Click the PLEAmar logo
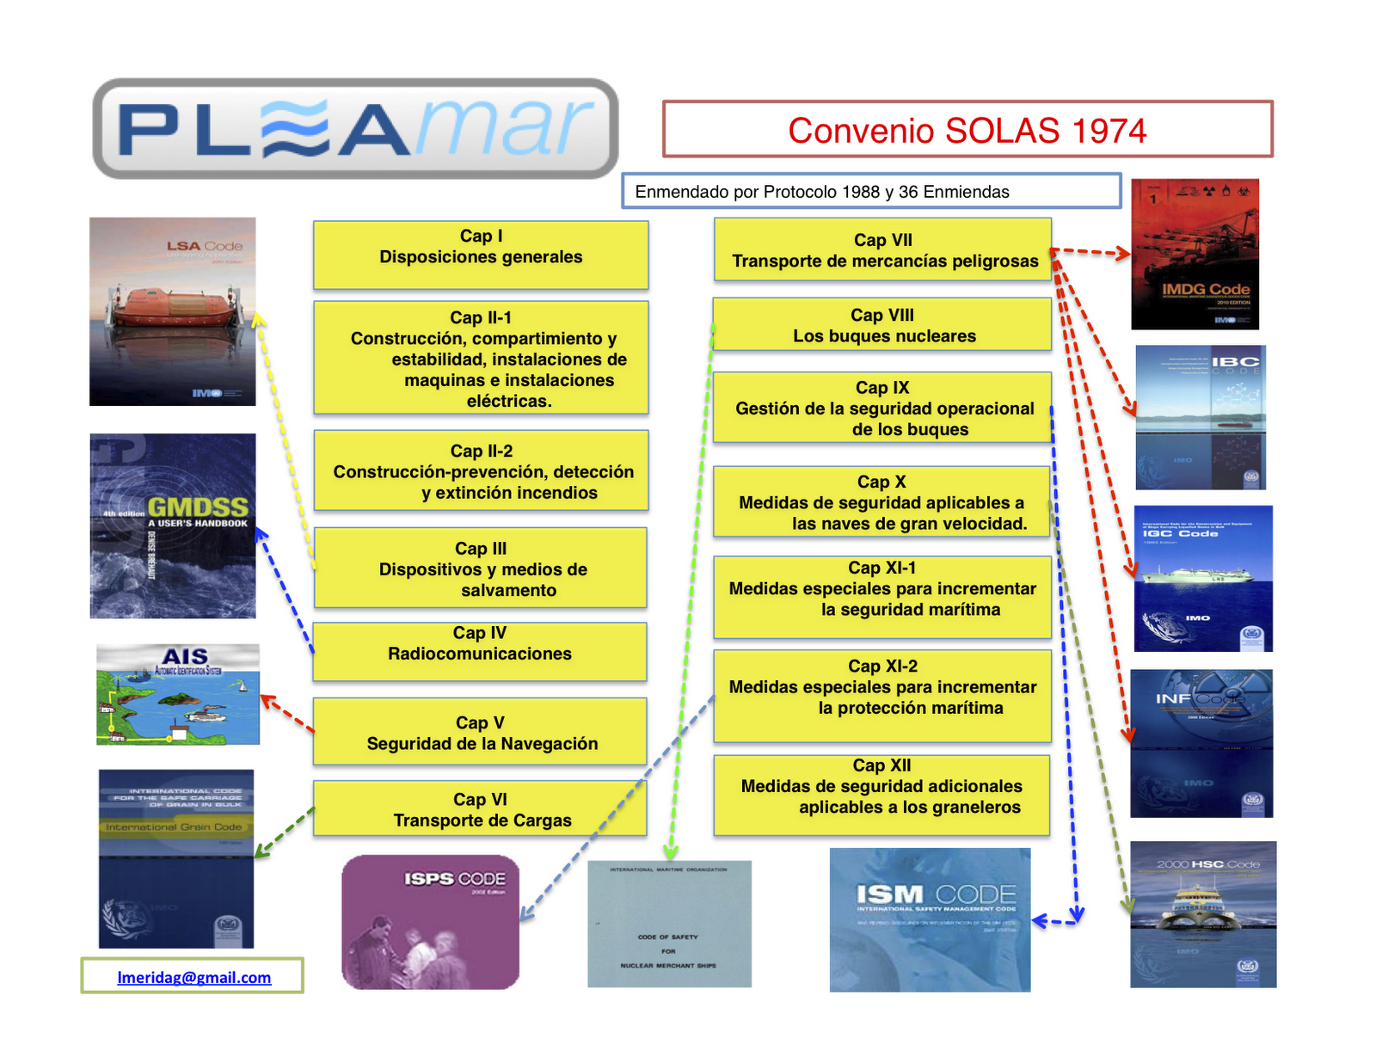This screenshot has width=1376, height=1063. (x=355, y=129)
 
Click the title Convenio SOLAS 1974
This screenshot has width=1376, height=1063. (x=967, y=130)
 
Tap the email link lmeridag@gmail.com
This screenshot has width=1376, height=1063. (x=193, y=977)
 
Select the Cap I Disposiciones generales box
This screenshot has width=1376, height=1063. (x=481, y=255)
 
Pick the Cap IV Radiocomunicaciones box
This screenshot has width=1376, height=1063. (x=480, y=652)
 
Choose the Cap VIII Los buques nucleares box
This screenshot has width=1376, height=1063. (x=882, y=325)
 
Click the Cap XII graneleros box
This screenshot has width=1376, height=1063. (x=881, y=795)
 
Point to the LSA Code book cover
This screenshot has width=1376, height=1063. (x=172, y=311)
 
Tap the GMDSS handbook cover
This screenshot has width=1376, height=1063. (x=173, y=525)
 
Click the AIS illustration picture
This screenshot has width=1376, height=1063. (x=178, y=694)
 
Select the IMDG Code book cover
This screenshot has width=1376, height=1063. (x=1195, y=255)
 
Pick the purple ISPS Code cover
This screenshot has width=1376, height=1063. (x=430, y=921)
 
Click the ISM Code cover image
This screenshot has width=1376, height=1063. (x=930, y=919)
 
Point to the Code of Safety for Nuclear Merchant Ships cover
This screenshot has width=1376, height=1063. (x=669, y=924)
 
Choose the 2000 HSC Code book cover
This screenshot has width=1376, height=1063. (x=1203, y=914)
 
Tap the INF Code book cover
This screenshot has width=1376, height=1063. (x=1201, y=743)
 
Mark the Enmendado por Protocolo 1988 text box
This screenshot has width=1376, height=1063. (x=871, y=191)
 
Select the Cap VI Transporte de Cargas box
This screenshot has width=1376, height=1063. (x=480, y=808)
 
